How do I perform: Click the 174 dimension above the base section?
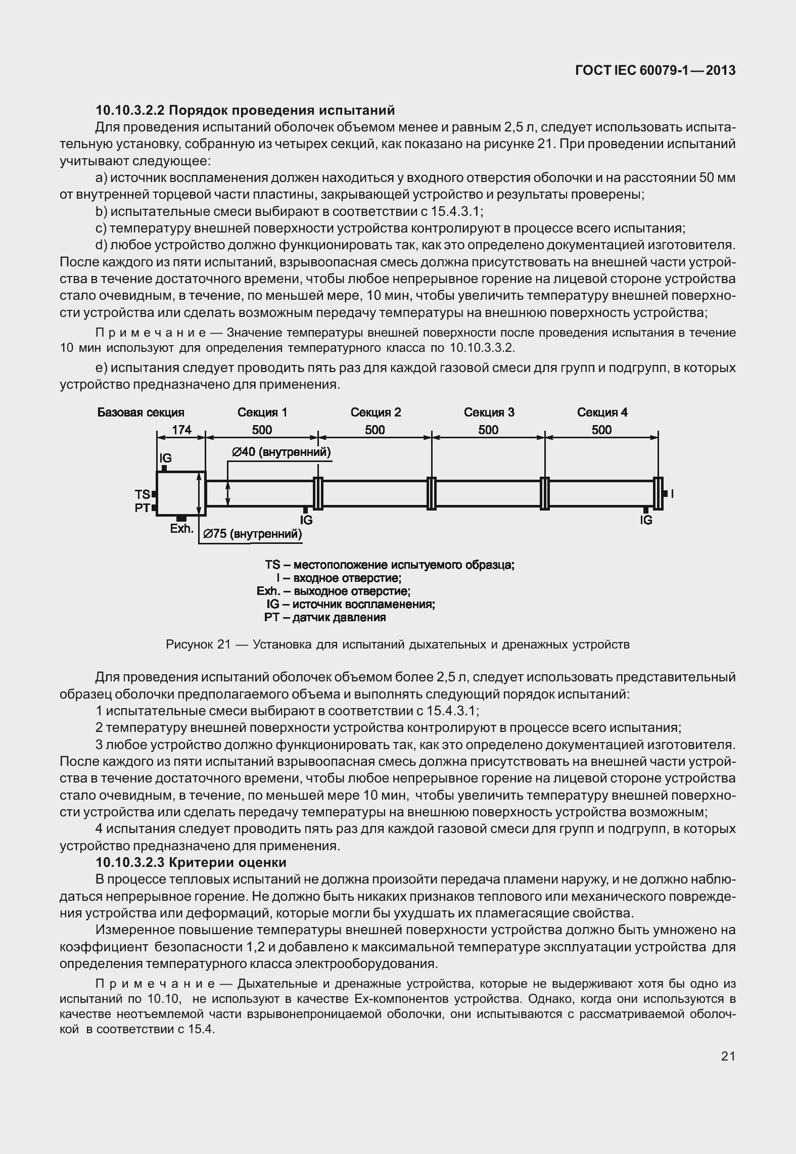coord(181,430)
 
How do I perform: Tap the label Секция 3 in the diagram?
coord(489,412)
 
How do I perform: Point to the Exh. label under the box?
coord(181,529)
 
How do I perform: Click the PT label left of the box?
coord(142,507)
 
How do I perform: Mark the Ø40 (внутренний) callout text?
coord(281,452)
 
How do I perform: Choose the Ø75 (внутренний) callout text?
coord(252,534)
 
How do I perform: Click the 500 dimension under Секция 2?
coord(375,430)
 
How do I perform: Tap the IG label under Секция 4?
coord(646,520)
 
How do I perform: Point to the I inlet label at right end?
coord(672,494)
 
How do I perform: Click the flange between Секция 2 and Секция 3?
coord(431,493)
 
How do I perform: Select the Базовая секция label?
coord(141,412)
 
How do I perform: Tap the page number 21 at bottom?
coord(728,1056)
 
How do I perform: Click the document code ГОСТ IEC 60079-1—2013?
coord(655,71)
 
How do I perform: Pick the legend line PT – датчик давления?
coord(325,617)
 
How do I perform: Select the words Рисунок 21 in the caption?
coord(198,644)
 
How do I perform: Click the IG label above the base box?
coord(165,458)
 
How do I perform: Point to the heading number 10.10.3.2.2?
coord(131,110)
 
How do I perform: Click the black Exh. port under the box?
coord(181,519)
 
